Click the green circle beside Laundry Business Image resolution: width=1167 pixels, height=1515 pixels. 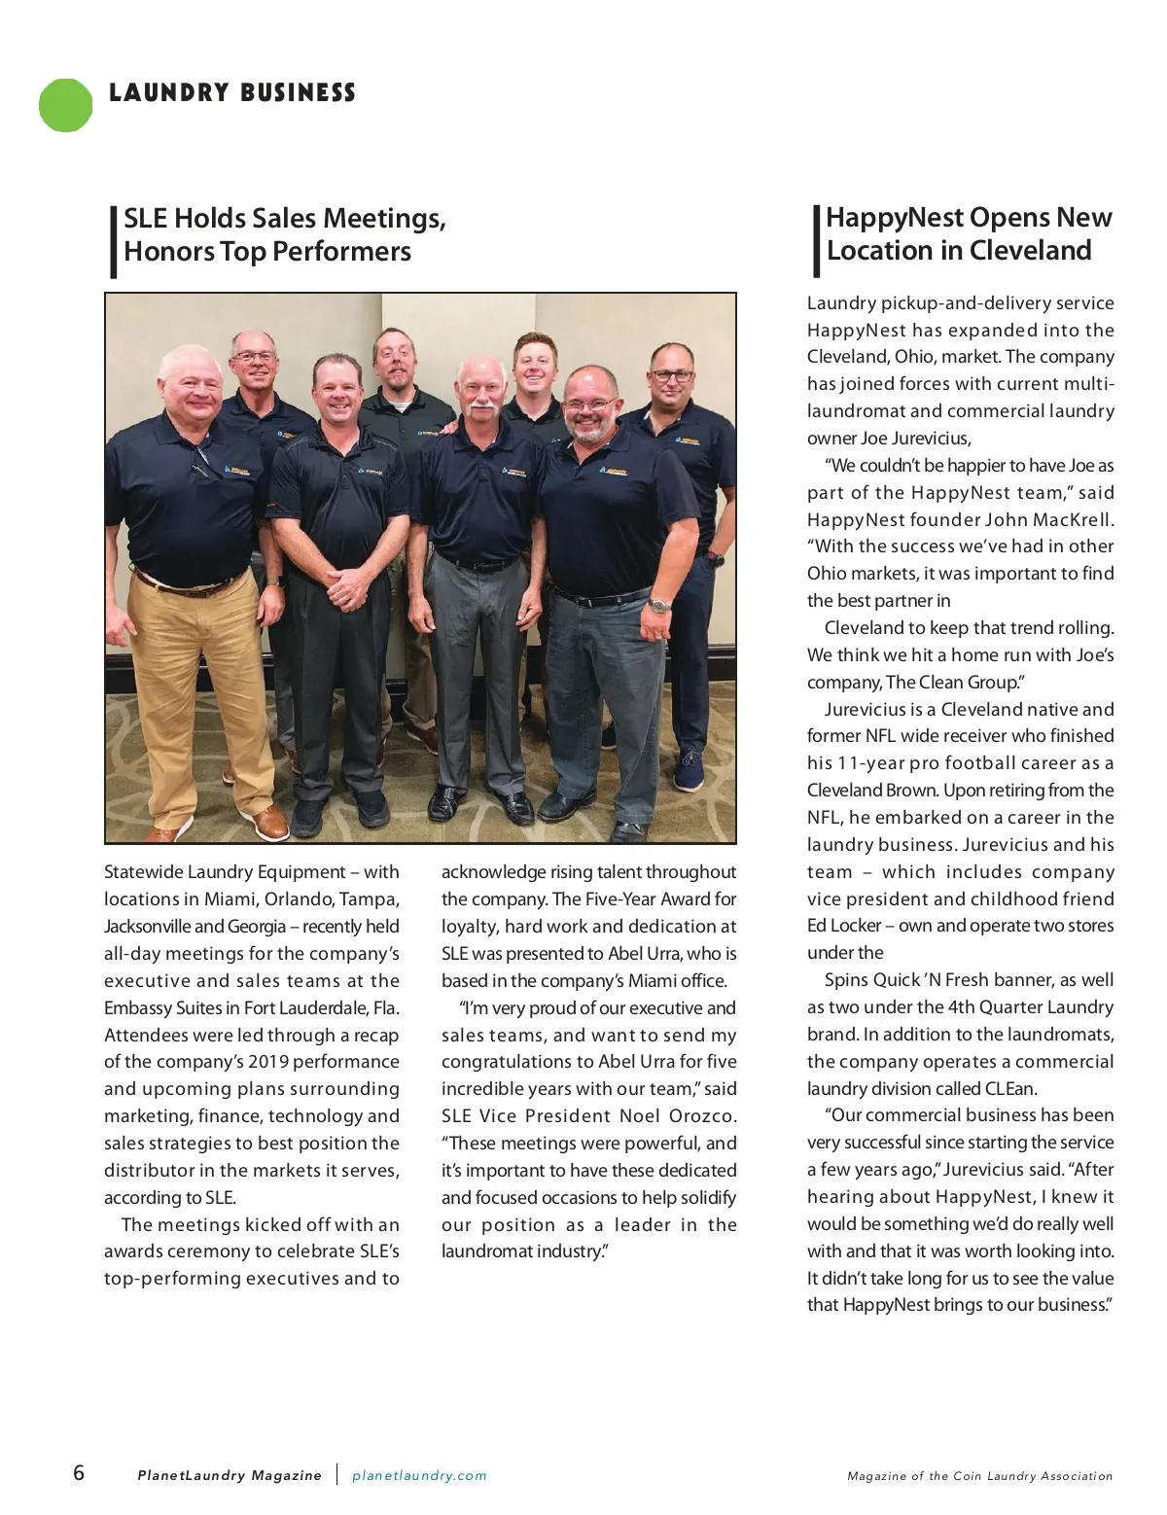pyautogui.click(x=65, y=105)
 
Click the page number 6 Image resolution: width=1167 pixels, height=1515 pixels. pyautogui.click(x=79, y=1472)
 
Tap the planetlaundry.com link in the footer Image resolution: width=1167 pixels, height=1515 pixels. pyautogui.click(x=419, y=1475)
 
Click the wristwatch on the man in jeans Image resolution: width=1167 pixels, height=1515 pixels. pyautogui.click(x=660, y=605)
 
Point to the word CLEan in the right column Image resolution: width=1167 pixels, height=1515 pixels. pyautogui.click(x=1012, y=1088)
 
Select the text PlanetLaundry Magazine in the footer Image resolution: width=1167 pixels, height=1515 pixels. pyautogui.click(x=230, y=1475)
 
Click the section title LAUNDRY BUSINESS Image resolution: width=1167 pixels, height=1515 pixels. pyautogui.click(x=232, y=93)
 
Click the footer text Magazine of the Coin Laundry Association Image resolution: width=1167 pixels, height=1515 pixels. pyautogui.click(x=979, y=1476)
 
